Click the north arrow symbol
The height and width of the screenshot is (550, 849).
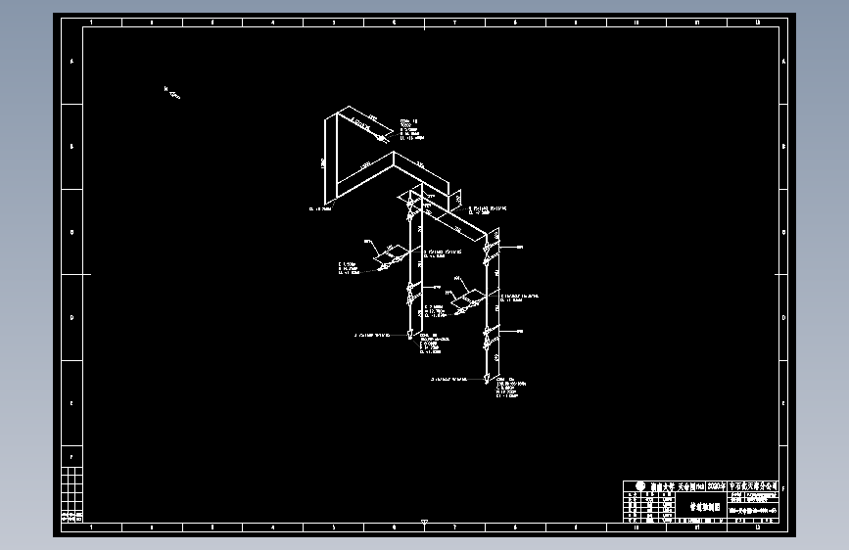click(171, 93)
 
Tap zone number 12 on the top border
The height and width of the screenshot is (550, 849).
click(758, 22)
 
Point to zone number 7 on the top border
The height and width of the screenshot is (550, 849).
click(454, 22)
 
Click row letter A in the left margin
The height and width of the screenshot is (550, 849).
click(71, 61)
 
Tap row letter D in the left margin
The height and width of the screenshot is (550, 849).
click(71, 317)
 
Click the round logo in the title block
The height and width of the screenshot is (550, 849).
click(639, 486)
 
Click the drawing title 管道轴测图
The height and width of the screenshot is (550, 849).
click(705, 508)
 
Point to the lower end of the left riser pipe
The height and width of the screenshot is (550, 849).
click(408, 336)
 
